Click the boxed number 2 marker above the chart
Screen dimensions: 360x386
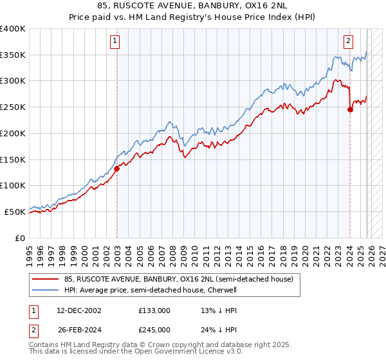[348, 42]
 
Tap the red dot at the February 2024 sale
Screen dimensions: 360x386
[350, 109]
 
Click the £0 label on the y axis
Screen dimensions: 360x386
[20, 238]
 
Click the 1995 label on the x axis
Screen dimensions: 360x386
[30, 251]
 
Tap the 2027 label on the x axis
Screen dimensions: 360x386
[382, 251]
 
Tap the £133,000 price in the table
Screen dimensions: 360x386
[154, 310]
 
